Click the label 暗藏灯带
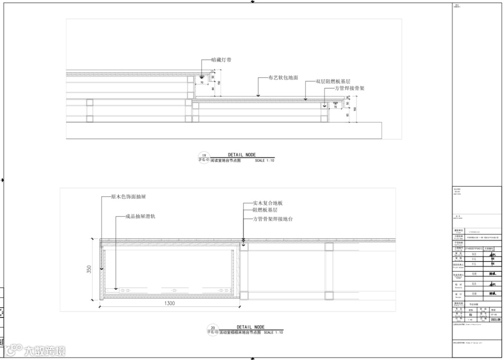[x=221, y=60]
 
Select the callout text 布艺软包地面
[x=283, y=78]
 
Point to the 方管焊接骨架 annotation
[x=350, y=88]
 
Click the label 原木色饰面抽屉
[x=128, y=197]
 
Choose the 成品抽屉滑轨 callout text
[x=140, y=217]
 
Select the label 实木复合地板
[x=268, y=203]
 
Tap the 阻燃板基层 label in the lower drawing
[x=265, y=211]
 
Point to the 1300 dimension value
[x=170, y=304]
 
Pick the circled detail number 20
[x=213, y=328]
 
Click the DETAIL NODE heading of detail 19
[x=242, y=155]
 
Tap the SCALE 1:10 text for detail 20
[x=275, y=333]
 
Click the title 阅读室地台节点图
[x=225, y=161]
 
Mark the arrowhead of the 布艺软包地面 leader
[x=258, y=95]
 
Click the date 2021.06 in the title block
[x=495, y=320]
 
